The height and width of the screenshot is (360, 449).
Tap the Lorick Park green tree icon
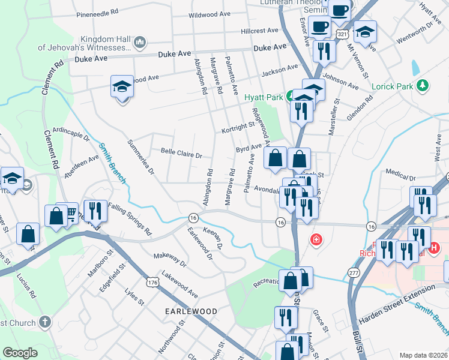pyautogui.click(x=423, y=86)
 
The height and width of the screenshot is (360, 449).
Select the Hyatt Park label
pyautogui.click(x=263, y=97)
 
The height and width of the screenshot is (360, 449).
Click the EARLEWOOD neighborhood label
pyautogui.click(x=191, y=311)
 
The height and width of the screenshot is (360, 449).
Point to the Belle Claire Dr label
pyautogui.click(x=181, y=154)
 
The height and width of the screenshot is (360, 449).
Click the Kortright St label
pyautogui.click(x=238, y=128)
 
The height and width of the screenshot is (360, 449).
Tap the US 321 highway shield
pyautogui.click(x=341, y=35)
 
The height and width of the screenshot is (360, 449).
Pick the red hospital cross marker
pyautogui.click(x=315, y=240)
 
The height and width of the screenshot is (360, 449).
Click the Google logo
pyautogui.click(x=20, y=353)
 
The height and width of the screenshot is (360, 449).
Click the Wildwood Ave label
pyautogui.click(x=209, y=14)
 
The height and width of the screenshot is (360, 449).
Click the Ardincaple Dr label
pyautogui.click(x=71, y=133)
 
